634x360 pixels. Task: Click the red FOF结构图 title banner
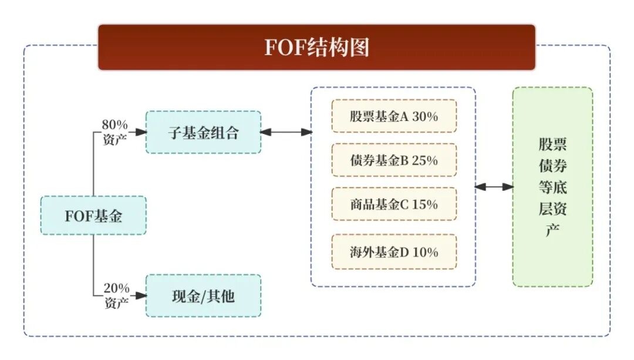(x=316, y=47)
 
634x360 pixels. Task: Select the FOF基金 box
(x=93, y=216)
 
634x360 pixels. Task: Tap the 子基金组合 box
(x=203, y=132)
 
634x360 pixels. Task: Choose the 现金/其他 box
(x=203, y=296)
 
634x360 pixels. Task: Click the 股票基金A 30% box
(x=394, y=116)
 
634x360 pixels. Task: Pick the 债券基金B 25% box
(x=394, y=160)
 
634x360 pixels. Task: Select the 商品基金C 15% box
(x=394, y=204)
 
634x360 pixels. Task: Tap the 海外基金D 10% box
(x=394, y=252)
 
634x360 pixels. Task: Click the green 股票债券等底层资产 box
(x=552, y=187)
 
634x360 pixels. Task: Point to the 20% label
(x=116, y=288)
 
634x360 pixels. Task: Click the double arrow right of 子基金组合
(x=286, y=132)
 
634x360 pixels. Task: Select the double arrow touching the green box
(x=494, y=187)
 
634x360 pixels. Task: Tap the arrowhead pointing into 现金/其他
(x=141, y=296)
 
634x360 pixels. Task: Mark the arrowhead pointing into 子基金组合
(x=141, y=132)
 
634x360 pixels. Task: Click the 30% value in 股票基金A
(x=425, y=116)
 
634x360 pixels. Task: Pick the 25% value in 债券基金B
(x=425, y=160)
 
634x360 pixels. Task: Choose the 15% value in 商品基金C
(x=425, y=204)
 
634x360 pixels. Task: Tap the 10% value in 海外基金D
(x=425, y=253)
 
